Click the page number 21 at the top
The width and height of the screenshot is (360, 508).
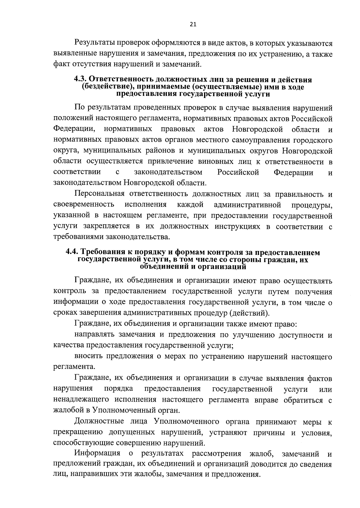coord(193,25)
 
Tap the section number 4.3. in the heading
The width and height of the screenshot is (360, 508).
coord(80,80)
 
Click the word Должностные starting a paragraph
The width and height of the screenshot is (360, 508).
coord(98,422)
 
